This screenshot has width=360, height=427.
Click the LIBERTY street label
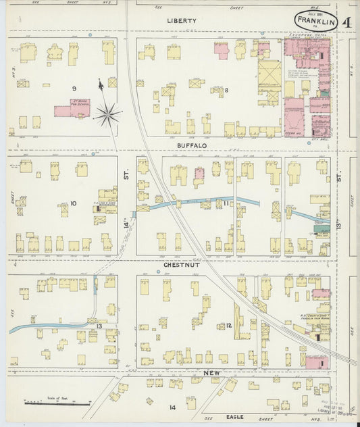coord(182,21)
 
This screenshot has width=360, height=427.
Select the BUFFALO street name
coord(192,145)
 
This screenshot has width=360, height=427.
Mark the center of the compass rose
coord(107,114)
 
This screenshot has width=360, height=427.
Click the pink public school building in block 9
coord(72,109)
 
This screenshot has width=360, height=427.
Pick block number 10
coord(73,203)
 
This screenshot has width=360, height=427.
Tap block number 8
coord(227,90)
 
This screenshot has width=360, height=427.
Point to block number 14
coord(172,407)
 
